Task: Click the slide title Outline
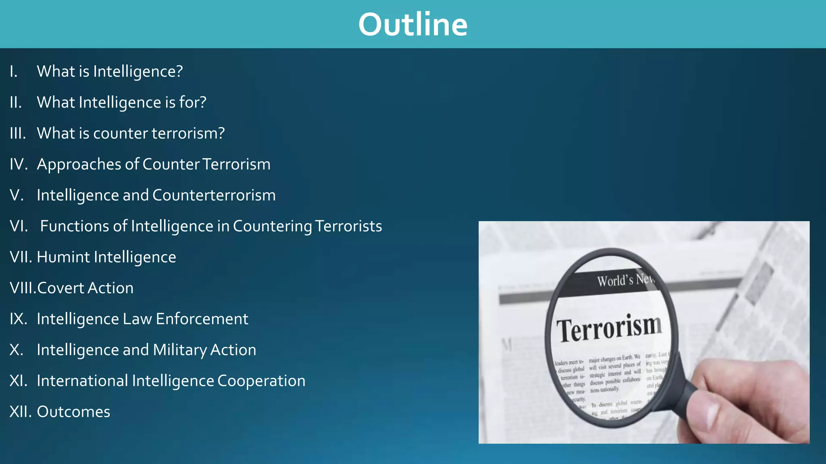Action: pyautogui.click(x=413, y=25)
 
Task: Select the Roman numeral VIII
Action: pyautogui.click(x=23, y=288)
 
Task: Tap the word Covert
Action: pyautogui.click(x=60, y=288)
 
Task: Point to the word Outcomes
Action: pyautogui.click(x=73, y=412)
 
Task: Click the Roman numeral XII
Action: pyautogui.click(x=20, y=412)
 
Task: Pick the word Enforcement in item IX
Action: pyautogui.click(x=202, y=319)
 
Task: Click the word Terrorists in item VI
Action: pyautogui.click(x=348, y=226)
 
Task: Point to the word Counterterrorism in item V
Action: pyautogui.click(x=214, y=195)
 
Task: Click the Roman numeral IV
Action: pyautogui.click(x=19, y=164)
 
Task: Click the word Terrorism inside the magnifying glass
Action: pyautogui.click(x=609, y=328)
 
